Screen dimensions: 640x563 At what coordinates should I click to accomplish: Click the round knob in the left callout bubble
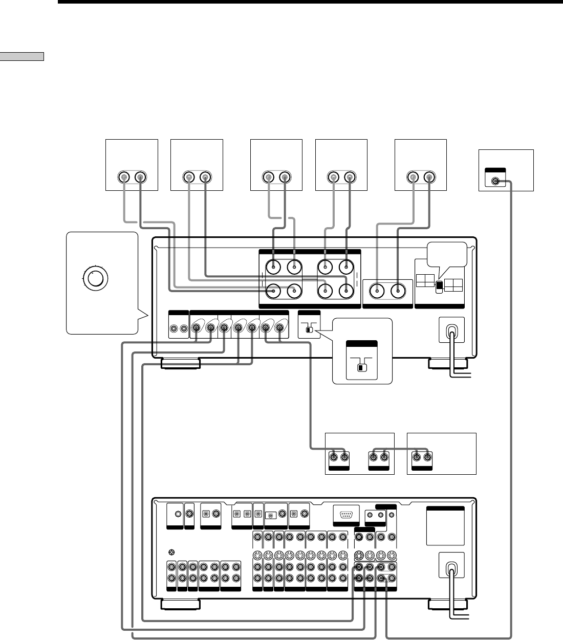coord(95,278)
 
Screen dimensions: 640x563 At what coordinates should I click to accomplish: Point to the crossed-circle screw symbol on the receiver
coord(171,552)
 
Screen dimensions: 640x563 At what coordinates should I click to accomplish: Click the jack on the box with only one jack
coord(495,181)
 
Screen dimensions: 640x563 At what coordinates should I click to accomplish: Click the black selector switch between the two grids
coord(438,287)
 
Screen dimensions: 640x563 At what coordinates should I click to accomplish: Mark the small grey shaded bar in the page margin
coord(23,56)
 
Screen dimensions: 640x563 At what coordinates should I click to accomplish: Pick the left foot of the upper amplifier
coord(181,364)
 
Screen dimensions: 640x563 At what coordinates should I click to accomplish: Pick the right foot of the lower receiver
coord(448,605)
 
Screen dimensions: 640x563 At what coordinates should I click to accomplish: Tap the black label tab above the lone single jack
coord(495,171)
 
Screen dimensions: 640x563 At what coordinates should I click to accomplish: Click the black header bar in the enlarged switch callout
coord(362,344)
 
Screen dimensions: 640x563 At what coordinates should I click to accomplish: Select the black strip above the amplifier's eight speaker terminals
coord(310,252)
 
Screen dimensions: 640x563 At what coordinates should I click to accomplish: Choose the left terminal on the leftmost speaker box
coord(124,178)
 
